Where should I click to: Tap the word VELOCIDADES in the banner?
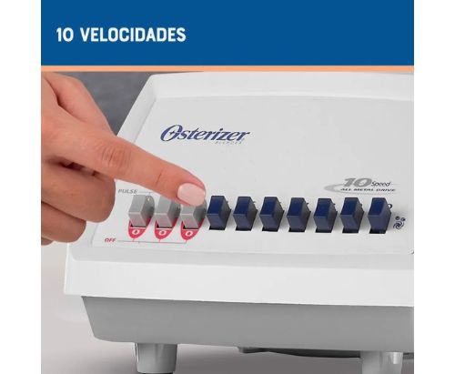132,35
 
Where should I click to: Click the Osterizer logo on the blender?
205,134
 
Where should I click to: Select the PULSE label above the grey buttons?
127,192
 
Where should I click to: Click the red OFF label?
109,240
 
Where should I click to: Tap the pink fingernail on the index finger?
191,194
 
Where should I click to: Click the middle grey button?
165,212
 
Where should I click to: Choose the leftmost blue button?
218,211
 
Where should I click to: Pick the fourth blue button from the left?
298,213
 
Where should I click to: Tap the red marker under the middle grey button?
164,234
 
